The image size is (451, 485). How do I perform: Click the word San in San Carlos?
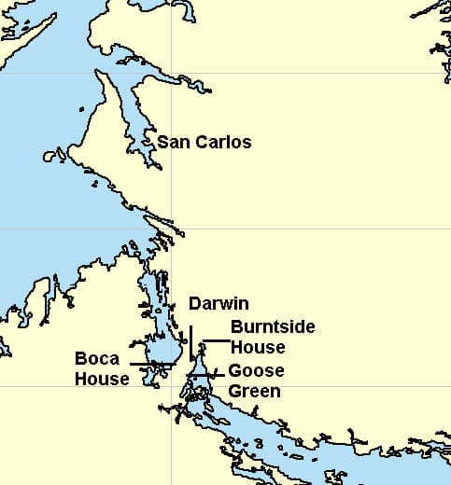click(x=173, y=143)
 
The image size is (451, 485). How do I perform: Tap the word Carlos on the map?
click(x=220, y=143)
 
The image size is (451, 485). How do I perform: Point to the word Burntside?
click(x=273, y=327)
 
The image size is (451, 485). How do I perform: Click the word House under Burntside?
click(x=258, y=346)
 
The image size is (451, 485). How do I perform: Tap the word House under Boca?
click(x=103, y=379)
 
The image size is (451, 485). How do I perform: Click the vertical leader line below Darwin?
click(x=191, y=340)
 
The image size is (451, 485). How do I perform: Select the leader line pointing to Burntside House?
click(x=214, y=341)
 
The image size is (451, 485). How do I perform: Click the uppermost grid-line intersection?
click(x=171, y=73)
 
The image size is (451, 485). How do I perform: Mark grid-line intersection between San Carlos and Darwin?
click(x=171, y=229)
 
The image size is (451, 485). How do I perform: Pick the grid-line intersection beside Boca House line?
click(x=171, y=385)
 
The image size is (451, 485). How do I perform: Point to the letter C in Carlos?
click(x=200, y=143)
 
